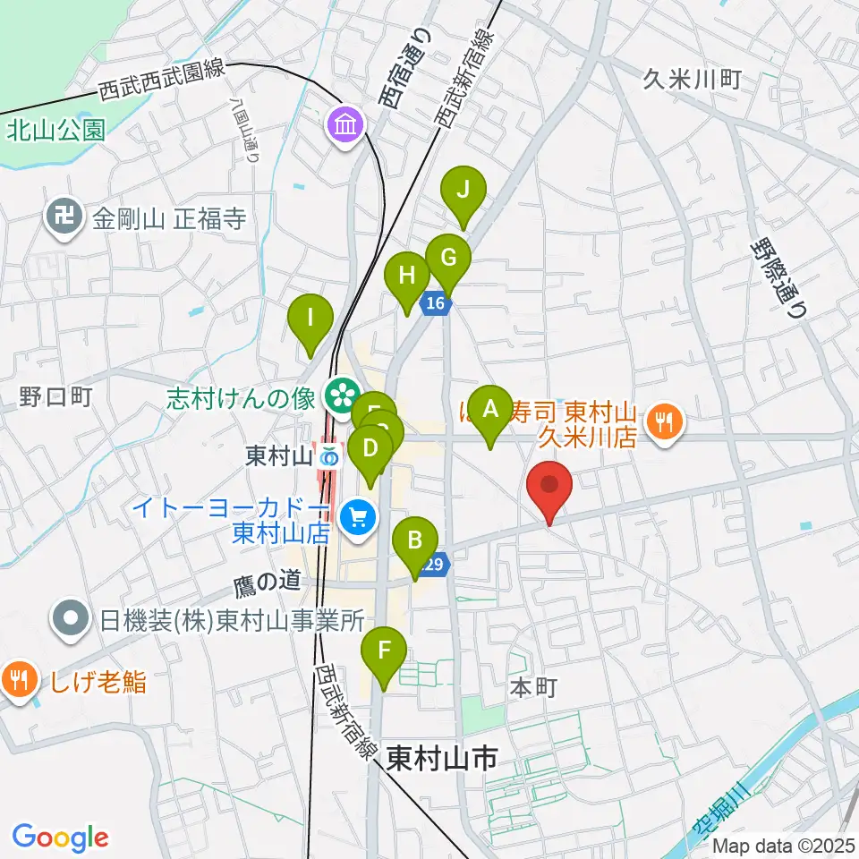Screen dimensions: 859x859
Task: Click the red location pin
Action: click(549, 489)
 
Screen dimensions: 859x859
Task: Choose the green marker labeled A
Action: click(489, 412)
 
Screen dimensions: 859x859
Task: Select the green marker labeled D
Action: click(370, 447)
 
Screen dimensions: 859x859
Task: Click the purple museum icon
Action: click(344, 124)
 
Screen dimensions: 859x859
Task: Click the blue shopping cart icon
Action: click(359, 516)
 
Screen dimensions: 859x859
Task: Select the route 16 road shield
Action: click(435, 304)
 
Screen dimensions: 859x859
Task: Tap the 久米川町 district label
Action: click(692, 80)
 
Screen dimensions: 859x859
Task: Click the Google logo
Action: click(60, 838)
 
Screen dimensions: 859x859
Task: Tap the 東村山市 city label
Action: click(442, 760)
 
